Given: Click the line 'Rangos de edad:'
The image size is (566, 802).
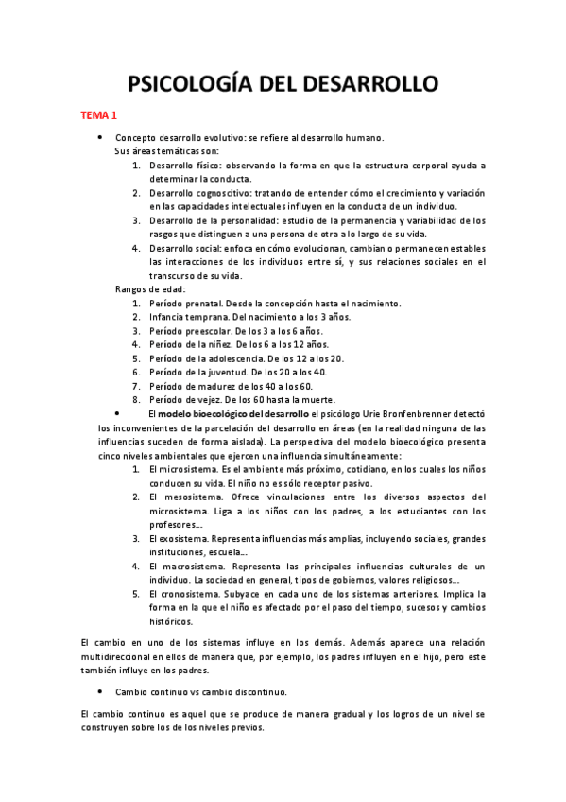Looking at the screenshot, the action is coord(150,289).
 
